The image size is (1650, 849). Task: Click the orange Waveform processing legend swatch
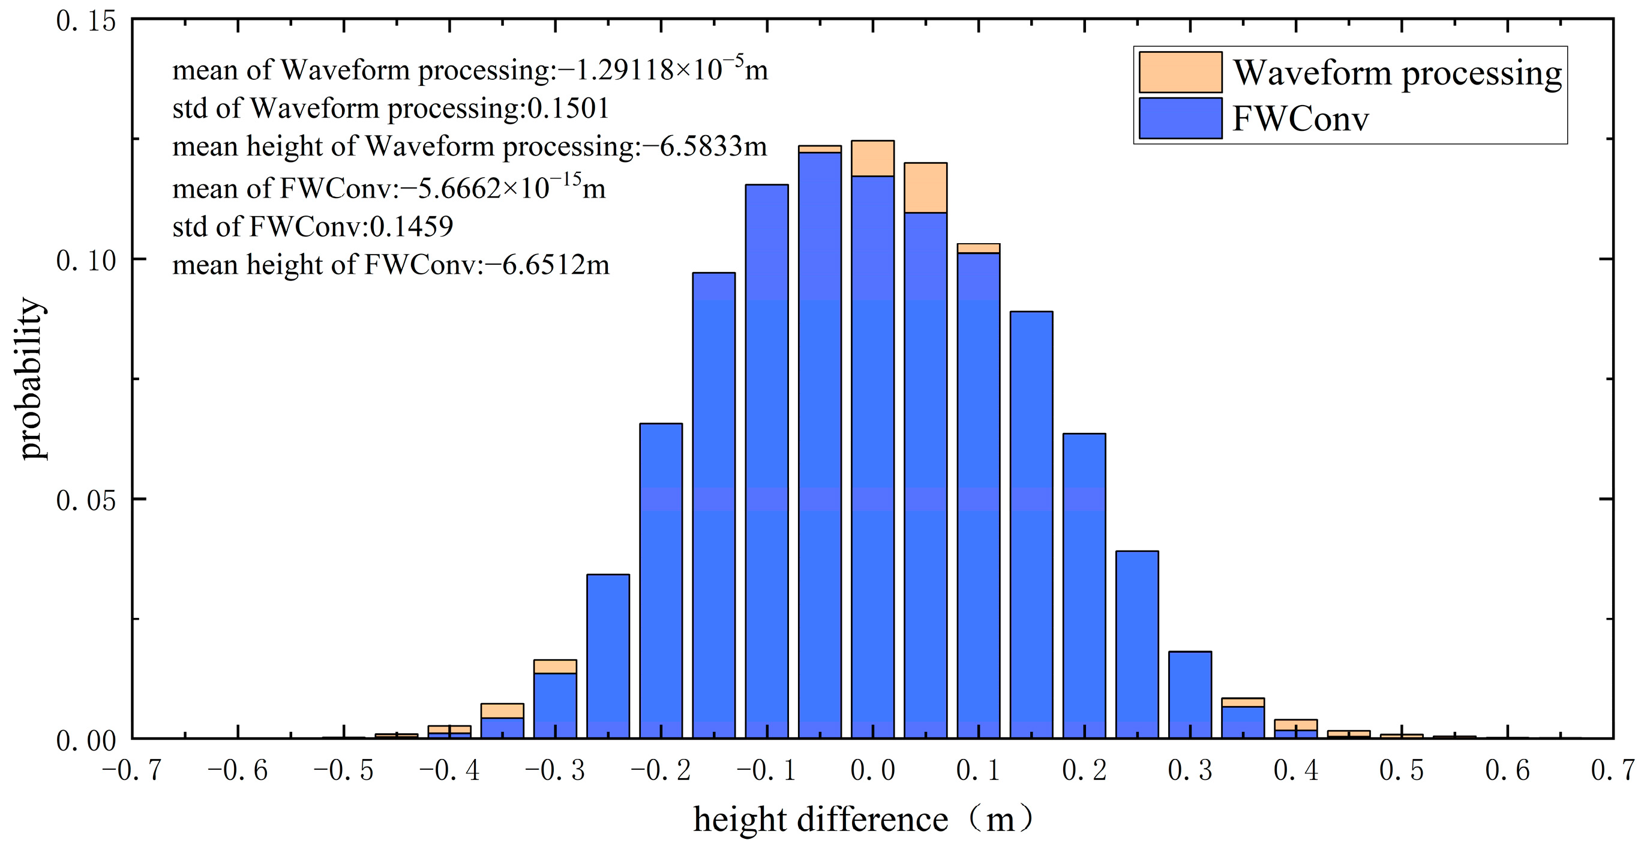[1180, 72]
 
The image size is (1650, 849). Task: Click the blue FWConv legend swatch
[1180, 118]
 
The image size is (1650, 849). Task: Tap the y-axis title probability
[30, 378]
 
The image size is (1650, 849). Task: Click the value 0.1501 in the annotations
[568, 107]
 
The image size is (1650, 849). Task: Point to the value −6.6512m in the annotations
[547, 265]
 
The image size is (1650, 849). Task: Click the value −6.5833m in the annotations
[704, 146]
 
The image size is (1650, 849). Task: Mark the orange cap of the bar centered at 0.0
[872, 159]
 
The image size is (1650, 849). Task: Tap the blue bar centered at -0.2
[661, 576]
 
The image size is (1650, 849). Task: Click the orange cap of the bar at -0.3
[554, 666]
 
